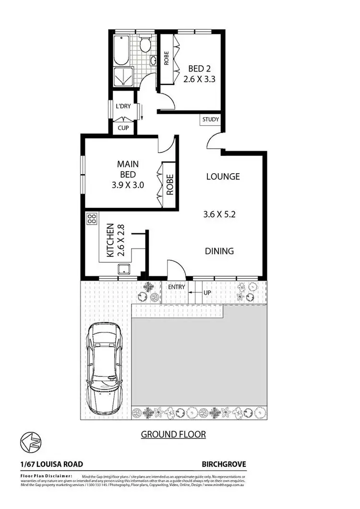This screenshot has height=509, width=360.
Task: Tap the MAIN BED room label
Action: tap(128, 164)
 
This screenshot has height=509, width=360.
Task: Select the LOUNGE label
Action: tap(223, 177)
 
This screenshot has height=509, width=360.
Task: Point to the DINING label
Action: tap(219, 251)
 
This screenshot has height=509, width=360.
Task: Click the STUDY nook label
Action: tap(211, 119)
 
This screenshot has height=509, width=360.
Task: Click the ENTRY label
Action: tap(176, 287)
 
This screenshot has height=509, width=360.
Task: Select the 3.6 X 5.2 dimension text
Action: tap(218, 215)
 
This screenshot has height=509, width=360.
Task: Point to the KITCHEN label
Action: tap(110, 240)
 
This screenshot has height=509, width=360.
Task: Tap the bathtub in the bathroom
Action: tap(121, 49)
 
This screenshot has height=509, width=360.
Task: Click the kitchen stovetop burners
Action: tap(91, 219)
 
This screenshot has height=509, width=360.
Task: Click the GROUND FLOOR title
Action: tap(173, 435)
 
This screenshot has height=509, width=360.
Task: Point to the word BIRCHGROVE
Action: tap(224, 464)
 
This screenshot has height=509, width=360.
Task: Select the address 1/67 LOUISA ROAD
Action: tap(52, 464)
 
